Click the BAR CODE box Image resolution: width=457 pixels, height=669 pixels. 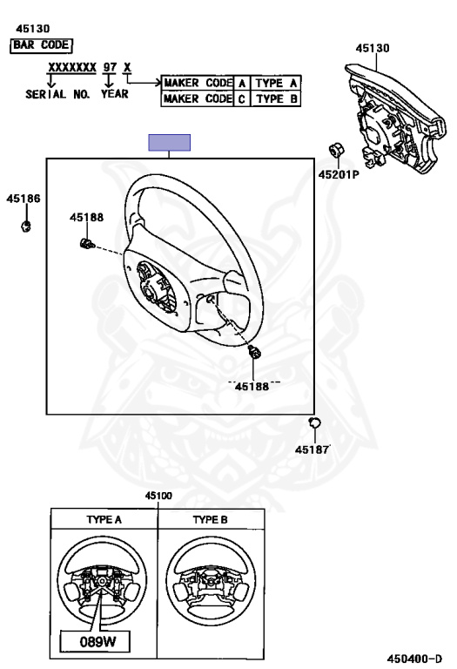(41, 45)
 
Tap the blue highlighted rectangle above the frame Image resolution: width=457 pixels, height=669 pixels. (169, 143)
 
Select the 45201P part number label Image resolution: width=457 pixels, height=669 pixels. (339, 174)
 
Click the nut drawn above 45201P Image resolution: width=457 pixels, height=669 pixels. (336, 151)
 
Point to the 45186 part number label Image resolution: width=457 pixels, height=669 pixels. (24, 199)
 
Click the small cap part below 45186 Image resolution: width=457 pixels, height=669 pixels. (26, 226)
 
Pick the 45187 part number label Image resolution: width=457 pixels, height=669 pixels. (313, 449)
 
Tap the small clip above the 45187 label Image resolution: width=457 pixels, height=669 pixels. (314, 422)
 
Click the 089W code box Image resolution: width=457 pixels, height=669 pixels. (95, 641)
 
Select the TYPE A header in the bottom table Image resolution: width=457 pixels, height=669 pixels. (104, 519)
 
